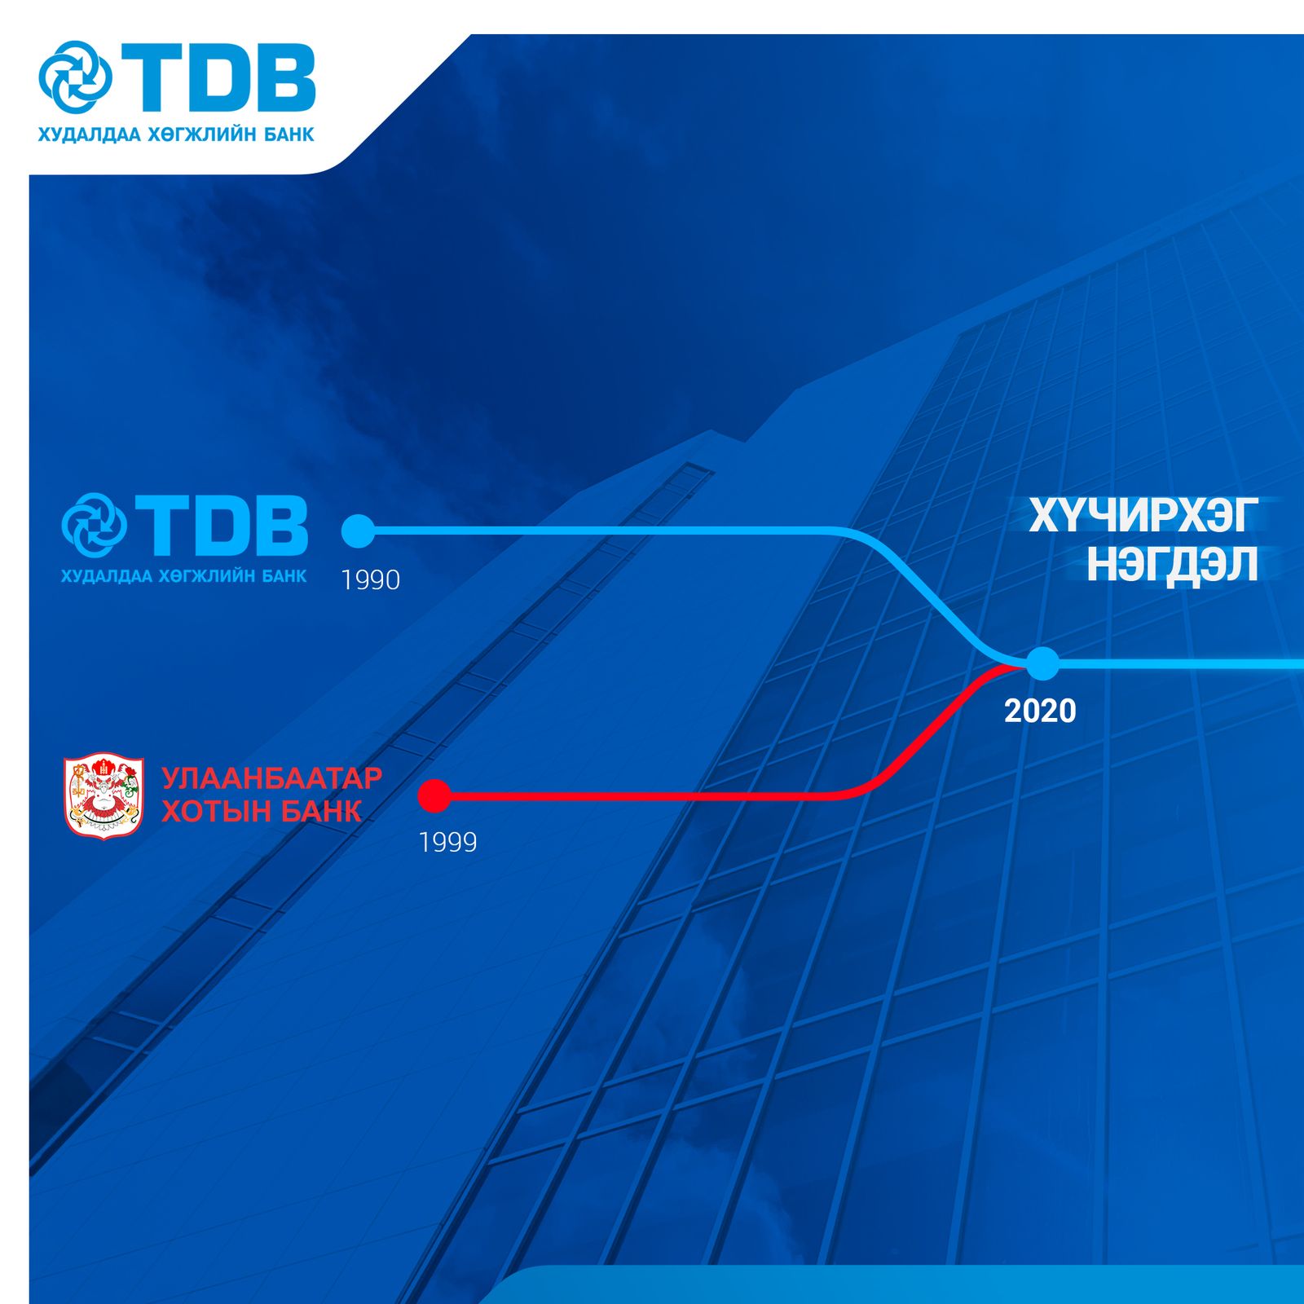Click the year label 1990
click(371, 579)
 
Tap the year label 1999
click(447, 842)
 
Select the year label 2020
click(1040, 711)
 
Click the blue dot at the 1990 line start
click(358, 531)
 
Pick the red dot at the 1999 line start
click(434, 796)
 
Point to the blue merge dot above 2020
click(1042, 663)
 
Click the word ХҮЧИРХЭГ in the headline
click(1143, 515)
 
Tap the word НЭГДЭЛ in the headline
click(1173, 564)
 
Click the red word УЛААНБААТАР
click(272, 778)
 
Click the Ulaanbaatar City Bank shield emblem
click(104, 795)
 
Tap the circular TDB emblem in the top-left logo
click(75, 77)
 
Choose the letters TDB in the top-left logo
click(218, 77)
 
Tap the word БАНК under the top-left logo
click(289, 134)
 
